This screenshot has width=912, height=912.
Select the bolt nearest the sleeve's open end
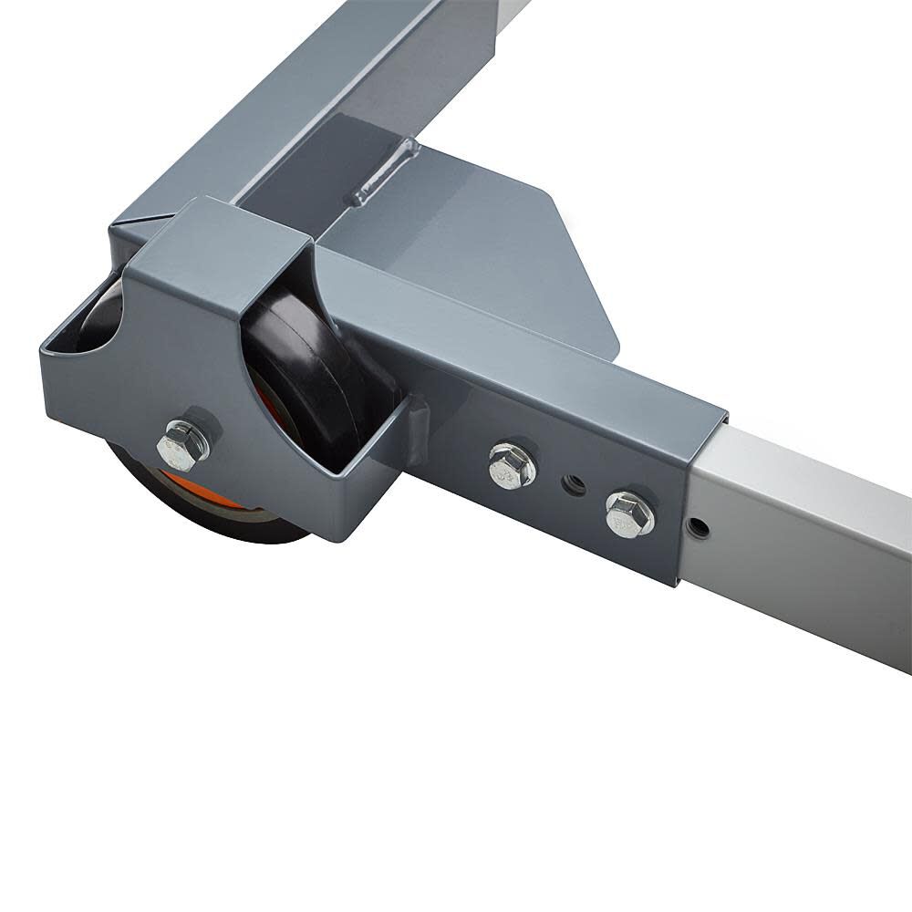click(628, 513)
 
